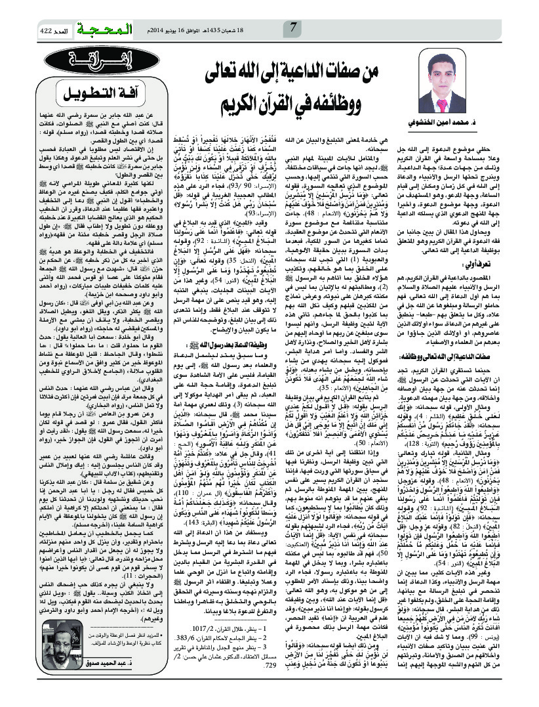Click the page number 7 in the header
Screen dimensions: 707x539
click(293, 28)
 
